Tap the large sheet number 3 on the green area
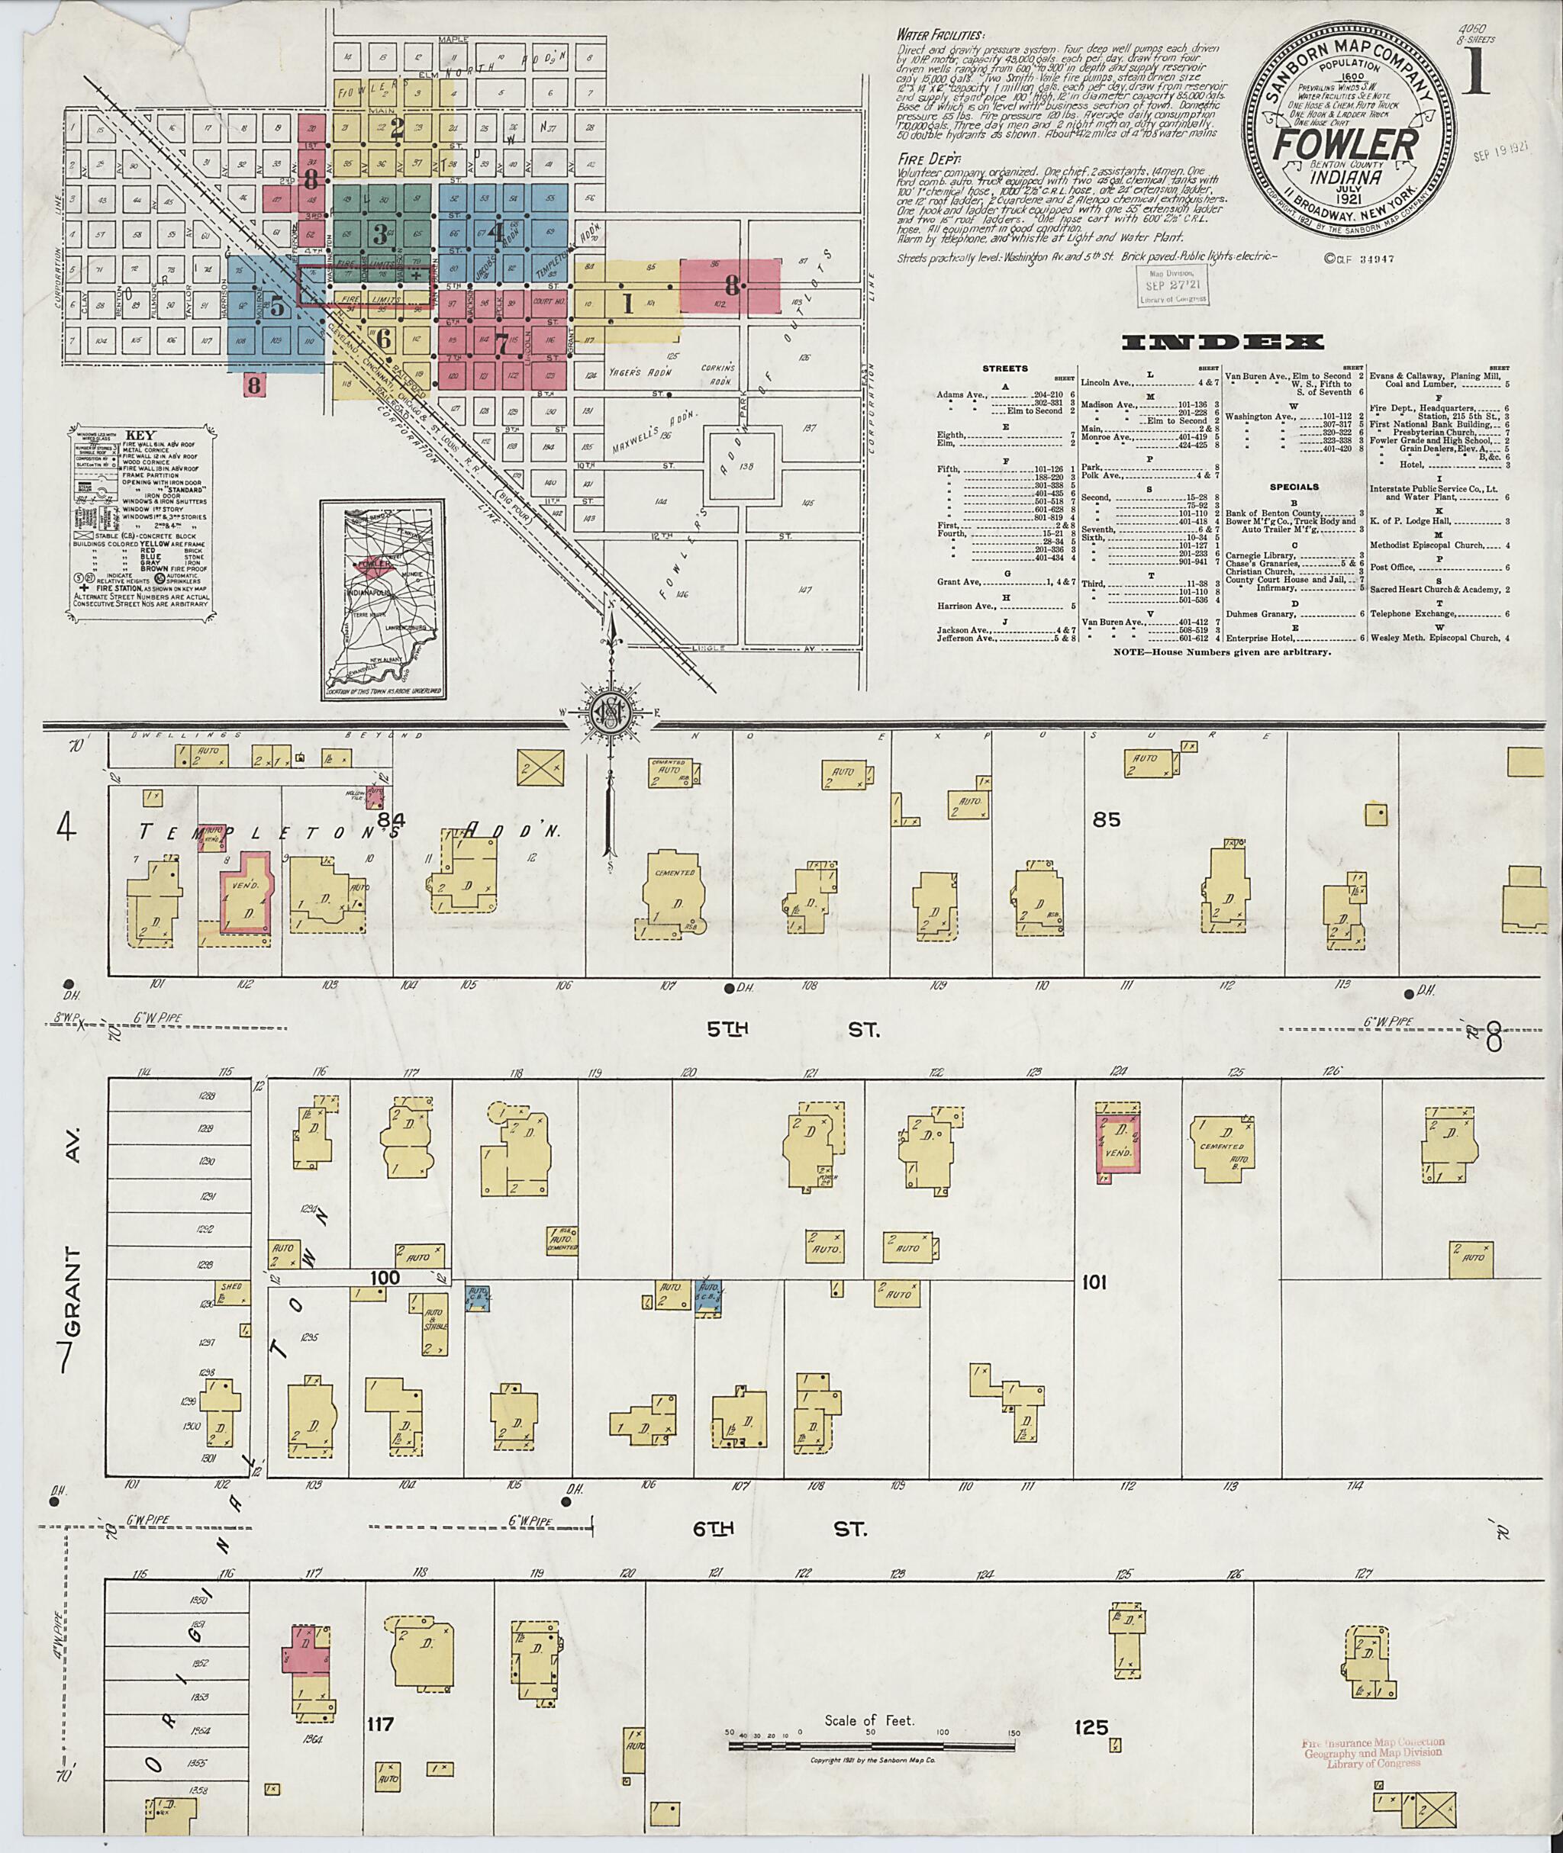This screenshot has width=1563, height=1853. coord(381,234)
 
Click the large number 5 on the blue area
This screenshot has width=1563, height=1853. coord(277,307)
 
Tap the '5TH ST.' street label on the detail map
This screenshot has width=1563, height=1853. coord(791,1030)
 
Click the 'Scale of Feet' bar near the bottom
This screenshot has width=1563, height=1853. coord(871,1745)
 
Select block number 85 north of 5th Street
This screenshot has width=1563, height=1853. coord(1106,819)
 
